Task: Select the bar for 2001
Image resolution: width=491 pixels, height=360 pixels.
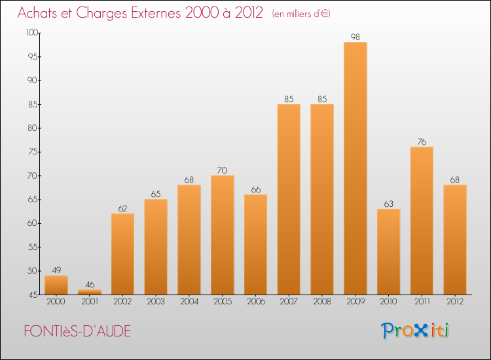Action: [x=90, y=292]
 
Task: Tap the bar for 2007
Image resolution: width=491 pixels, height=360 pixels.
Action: [x=289, y=200]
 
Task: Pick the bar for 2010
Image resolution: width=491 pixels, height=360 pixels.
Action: [x=388, y=252]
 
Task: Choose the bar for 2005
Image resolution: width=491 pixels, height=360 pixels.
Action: [x=222, y=235]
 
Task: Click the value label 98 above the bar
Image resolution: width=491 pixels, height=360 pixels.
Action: [x=355, y=37]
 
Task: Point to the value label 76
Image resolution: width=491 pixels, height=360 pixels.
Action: [x=422, y=142]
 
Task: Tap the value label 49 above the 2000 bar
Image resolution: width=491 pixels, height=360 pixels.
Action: [x=56, y=270]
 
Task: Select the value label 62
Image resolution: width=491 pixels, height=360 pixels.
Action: [x=122, y=209]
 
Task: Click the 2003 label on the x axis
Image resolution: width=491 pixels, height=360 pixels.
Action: [x=156, y=302]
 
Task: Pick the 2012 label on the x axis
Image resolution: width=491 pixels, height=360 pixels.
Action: [x=454, y=302]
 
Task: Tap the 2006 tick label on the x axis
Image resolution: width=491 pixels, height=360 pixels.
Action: [x=255, y=302]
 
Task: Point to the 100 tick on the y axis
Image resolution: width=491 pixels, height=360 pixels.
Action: [x=32, y=33]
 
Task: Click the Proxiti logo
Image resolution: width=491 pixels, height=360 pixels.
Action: [x=415, y=331]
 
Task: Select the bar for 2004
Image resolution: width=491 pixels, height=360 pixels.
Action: [x=189, y=240]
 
